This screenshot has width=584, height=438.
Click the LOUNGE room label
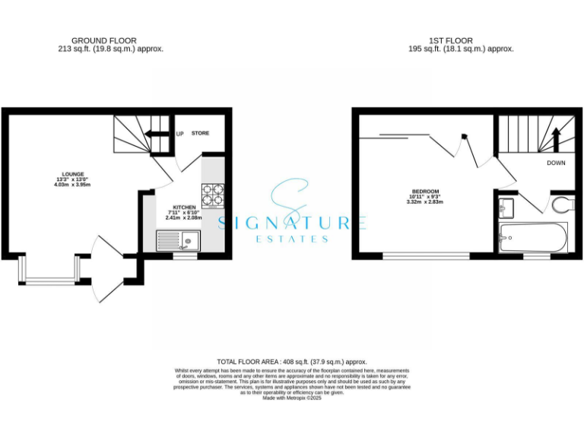click(74, 173)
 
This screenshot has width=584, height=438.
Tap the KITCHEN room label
click(186, 207)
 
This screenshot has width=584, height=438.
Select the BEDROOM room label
click(424, 191)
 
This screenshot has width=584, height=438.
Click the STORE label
click(200, 133)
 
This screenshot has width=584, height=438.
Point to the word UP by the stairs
click(180, 134)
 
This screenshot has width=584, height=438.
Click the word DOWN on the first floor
click(556, 163)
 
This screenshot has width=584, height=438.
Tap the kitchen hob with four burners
click(213, 195)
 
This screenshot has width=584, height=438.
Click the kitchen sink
click(177, 242)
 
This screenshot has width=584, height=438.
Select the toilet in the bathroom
click(562, 205)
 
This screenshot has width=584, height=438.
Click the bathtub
click(532, 239)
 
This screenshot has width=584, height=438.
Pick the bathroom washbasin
click(507, 206)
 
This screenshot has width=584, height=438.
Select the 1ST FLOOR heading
click(450, 40)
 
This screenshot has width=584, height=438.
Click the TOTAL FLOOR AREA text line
click(292, 362)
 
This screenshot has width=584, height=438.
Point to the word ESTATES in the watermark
click(293, 238)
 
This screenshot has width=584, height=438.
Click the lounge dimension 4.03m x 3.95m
click(74, 185)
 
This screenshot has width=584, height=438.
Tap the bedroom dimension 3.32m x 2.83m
click(424, 202)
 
